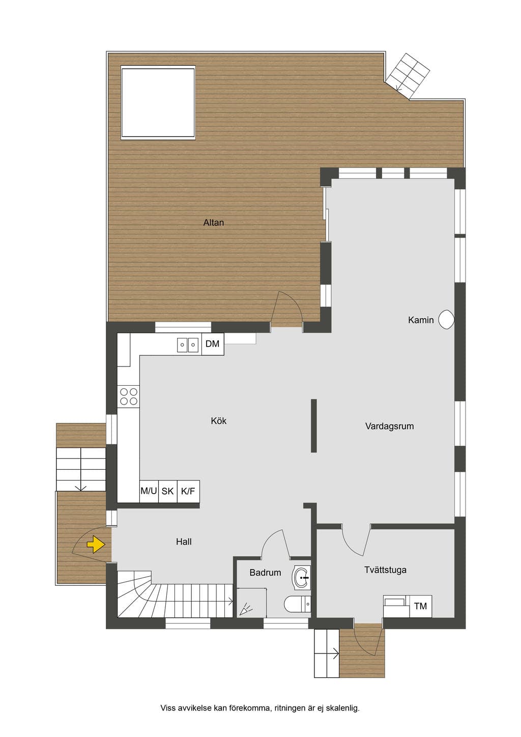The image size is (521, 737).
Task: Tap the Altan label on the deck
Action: click(x=214, y=223)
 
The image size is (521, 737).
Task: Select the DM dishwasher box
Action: click(x=213, y=344)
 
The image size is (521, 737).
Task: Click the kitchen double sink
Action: click(x=188, y=345)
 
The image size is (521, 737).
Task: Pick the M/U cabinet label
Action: click(x=149, y=491)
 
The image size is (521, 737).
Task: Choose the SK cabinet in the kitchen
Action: click(x=168, y=491)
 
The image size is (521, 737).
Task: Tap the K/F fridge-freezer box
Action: click(x=188, y=491)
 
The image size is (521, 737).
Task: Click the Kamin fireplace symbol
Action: click(x=447, y=320)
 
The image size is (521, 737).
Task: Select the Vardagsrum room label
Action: click(x=389, y=427)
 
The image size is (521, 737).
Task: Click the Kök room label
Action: click(x=219, y=421)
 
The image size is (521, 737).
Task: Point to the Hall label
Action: click(x=184, y=542)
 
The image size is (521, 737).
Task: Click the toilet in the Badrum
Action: click(x=297, y=604)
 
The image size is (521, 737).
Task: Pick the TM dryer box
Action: click(x=421, y=606)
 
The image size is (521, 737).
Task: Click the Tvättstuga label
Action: click(x=385, y=570)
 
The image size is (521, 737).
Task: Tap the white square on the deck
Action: click(x=158, y=102)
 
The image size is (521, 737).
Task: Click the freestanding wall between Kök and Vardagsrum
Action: click(x=314, y=426)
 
